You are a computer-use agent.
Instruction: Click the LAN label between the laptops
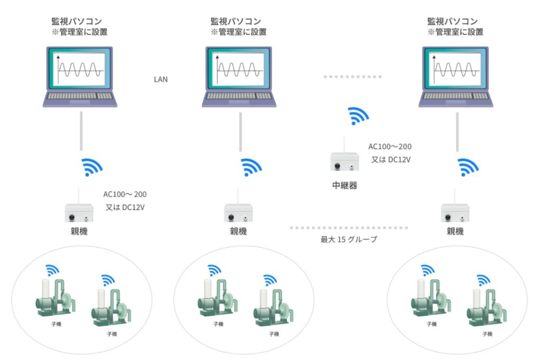point(160,80)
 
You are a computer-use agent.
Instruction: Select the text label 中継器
point(344,186)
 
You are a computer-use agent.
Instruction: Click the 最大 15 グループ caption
point(349,239)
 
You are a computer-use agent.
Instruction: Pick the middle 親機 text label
point(238,231)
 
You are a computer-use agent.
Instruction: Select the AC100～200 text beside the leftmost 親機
point(125,194)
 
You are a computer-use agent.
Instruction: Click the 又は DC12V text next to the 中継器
point(391,159)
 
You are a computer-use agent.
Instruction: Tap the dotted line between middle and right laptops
point(352,77)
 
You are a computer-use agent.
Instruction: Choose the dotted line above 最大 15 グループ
point(349,228)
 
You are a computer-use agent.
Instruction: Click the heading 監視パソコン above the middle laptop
point(236,21)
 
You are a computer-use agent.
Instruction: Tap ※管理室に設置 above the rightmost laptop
point(456,32)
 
